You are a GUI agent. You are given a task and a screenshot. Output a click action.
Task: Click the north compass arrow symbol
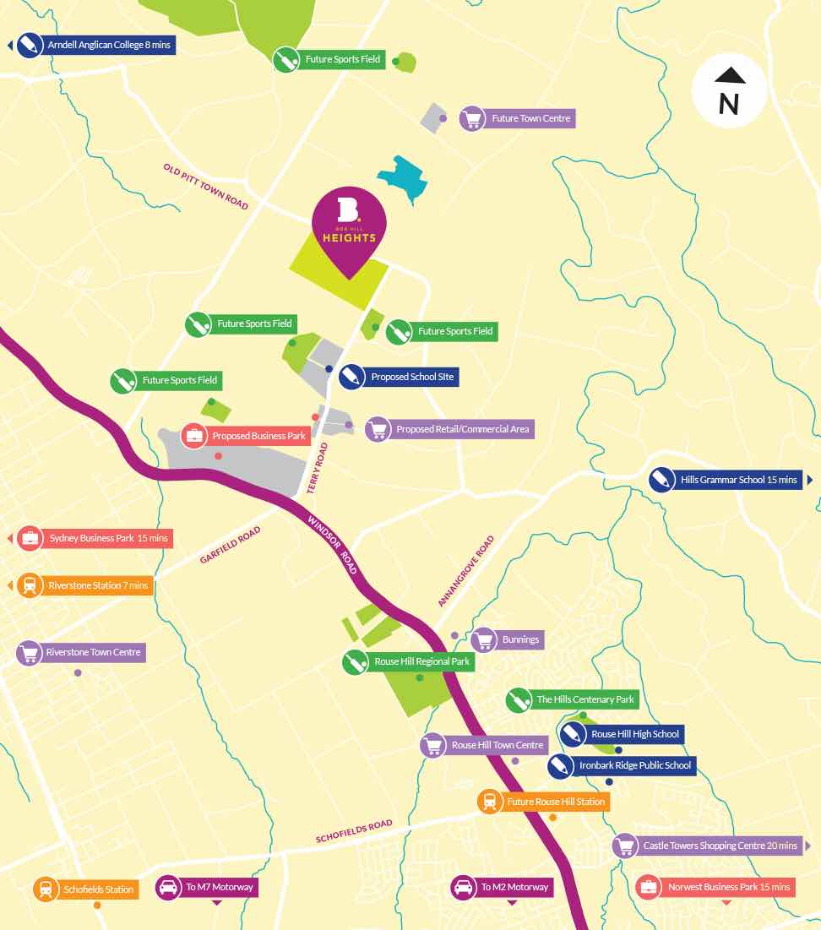coord(729,76)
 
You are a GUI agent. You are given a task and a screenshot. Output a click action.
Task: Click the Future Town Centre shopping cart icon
coord(471,118)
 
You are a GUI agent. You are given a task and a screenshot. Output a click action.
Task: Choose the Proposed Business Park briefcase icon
coord(195,437)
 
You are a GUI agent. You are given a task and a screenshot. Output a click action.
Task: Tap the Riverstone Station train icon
coord(30,585)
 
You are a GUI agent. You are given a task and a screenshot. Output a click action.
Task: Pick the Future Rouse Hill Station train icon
coord(489,802)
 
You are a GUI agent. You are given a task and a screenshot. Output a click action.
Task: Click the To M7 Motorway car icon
coord(168,888)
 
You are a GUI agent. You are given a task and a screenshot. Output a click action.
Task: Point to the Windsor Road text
coord(334,545)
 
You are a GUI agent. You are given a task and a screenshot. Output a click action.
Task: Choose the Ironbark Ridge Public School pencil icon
coord(559,766)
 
